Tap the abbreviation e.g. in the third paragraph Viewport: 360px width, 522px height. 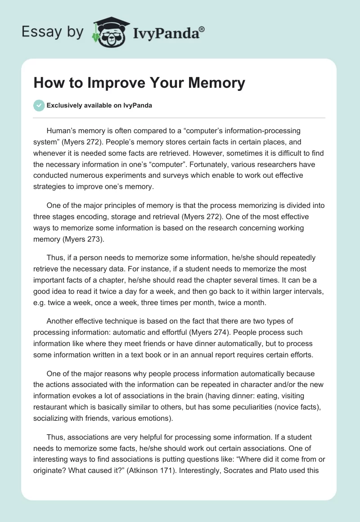coord(40,303)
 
